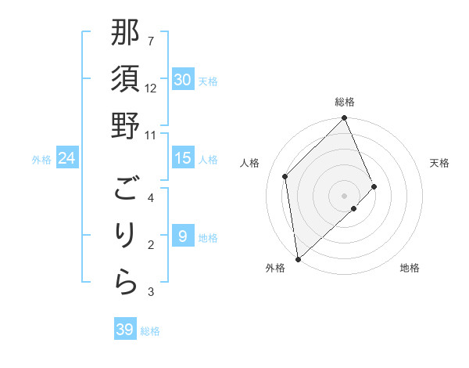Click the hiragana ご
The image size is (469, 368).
click(125, 189)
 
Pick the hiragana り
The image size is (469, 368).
click(125, 236)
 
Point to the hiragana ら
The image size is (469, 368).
click(125, 283)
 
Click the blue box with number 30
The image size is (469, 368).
click(182, 80)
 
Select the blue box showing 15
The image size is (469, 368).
click(182, 158)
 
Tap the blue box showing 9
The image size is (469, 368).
click(182, 236)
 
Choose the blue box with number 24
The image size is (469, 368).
click(66, 159)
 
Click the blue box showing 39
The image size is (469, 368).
click(124, 330)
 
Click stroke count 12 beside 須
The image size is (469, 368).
click(151, 88)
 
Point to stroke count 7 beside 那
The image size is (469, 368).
click(151, 41)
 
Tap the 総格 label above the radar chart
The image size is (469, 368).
click(345, 102)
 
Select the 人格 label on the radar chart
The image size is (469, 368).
click(250, 163)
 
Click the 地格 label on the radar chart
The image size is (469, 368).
click(410, 268)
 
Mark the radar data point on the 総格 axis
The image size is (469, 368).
click(345, 119)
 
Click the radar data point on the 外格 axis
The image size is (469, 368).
click(298, 258)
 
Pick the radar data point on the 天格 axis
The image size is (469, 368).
click(374, 186)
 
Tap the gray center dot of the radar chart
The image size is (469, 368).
click(345, 195)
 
